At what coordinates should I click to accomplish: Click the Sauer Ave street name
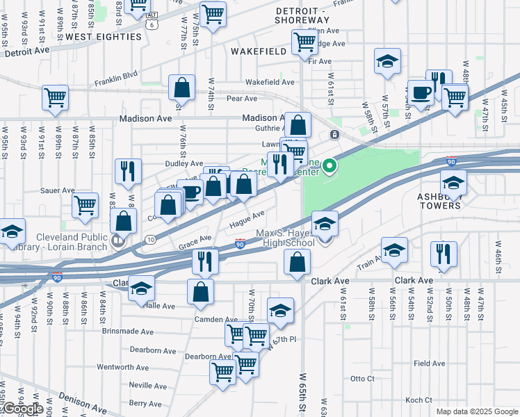58,190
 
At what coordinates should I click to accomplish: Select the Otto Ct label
362,379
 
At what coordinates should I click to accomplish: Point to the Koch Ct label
419,400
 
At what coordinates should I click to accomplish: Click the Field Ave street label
429,363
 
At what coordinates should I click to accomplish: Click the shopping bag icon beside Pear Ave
181,88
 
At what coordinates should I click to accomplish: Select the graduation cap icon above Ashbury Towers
453,183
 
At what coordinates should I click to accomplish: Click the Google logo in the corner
22,409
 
